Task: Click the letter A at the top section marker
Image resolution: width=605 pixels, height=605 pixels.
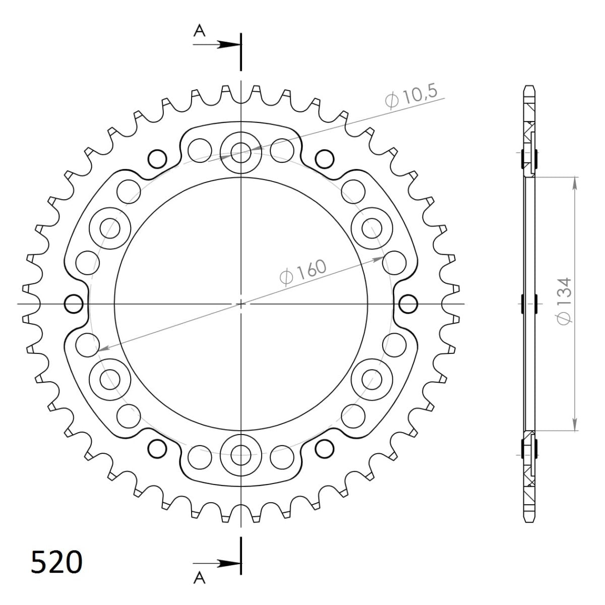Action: click(x=200, y=31)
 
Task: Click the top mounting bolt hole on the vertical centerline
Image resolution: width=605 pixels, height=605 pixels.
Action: click(x=241, y=150)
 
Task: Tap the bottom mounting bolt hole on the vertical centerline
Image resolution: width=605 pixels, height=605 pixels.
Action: click(x=241, y=452)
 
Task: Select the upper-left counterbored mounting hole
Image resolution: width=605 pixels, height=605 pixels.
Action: click(x=109, y=228)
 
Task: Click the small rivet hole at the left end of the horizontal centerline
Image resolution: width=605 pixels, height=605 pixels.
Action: click(x=74, y=304)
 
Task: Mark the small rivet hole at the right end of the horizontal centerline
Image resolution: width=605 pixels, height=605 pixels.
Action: click(x=408, y=304)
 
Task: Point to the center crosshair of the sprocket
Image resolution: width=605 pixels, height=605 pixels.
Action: click(x=241, y=304)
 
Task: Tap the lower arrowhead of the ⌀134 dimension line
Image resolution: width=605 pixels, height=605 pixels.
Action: click(x=574, y=425)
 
